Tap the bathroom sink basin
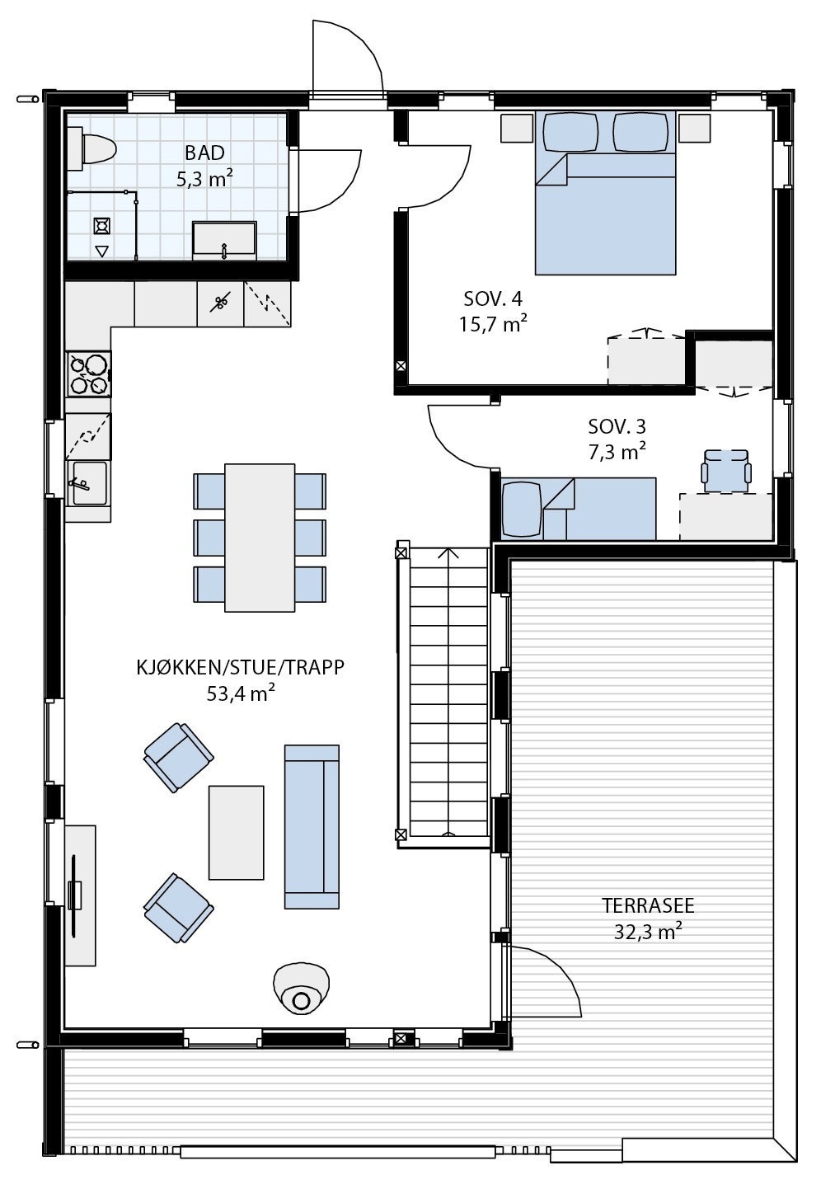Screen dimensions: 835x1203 pyautogui.click(x=224, y=238)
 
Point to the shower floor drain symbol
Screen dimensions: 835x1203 pyautogui.click(x=102, y=226)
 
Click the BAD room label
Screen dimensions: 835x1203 pyautogui.click(x=204, y=153)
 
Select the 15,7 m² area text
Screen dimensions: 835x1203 pyautogui.click(x=492, y=324)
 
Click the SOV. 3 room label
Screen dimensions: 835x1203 pyautogui.click(x=617, y=426)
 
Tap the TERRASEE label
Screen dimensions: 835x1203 pyautogui.click(x=648, y=905)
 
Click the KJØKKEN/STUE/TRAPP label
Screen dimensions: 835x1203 pyautogui.click(x=240, y=668)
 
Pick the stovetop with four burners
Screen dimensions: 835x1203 pyautogui.click(x=88, y=374)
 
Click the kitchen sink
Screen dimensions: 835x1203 pyautogui.click(x=89, y=483)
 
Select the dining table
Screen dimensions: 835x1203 pyautogui.click(x=260, y=538)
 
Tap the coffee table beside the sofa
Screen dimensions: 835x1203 pyautogui.click(x=237, y=833)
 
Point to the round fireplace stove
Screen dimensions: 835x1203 pyautogui.click(x=301, y=989)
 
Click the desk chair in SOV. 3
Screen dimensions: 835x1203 pyautogui.click(x=726, y=471)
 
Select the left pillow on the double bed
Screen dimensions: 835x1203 pyautogui.click(x=570, y=132)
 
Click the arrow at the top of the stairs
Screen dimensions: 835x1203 pyautogui.click(x=448, y=554)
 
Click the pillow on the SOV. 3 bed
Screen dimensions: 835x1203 pyautogui.click(x=521, y=509)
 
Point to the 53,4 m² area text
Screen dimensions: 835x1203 pyautogui.click(x=241, y=694)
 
